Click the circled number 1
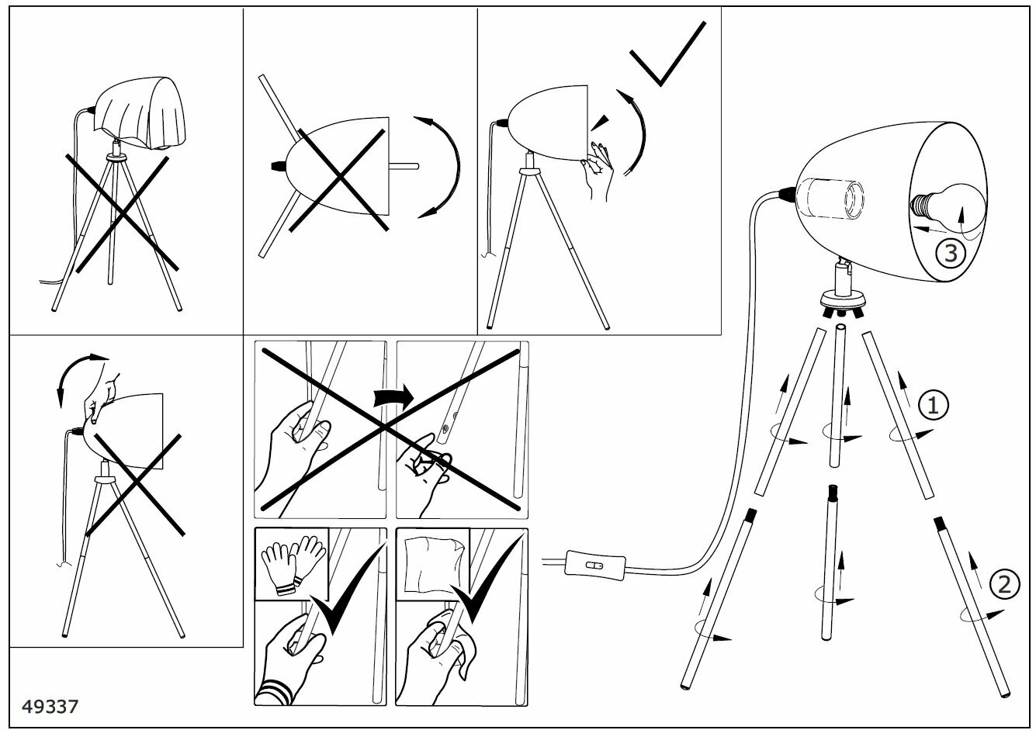[x=934, y=404]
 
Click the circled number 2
[x=1003, y=583]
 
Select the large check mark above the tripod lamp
[x=667, y=54]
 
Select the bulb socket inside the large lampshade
[x=831, y=198]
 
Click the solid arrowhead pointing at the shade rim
[x=598, y=121]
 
